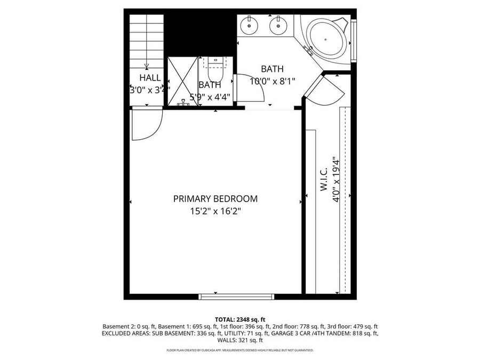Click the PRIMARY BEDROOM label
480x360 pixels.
(215, 199)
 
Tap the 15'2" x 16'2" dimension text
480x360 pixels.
(215, 211)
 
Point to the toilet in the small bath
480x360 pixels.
(214, 66)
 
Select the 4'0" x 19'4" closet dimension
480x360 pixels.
(336, 179)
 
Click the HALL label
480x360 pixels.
(150, 78)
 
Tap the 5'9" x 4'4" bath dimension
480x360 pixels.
(210, 97)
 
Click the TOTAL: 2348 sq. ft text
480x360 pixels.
(239, 318)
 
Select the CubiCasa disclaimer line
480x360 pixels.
(239, 350)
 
